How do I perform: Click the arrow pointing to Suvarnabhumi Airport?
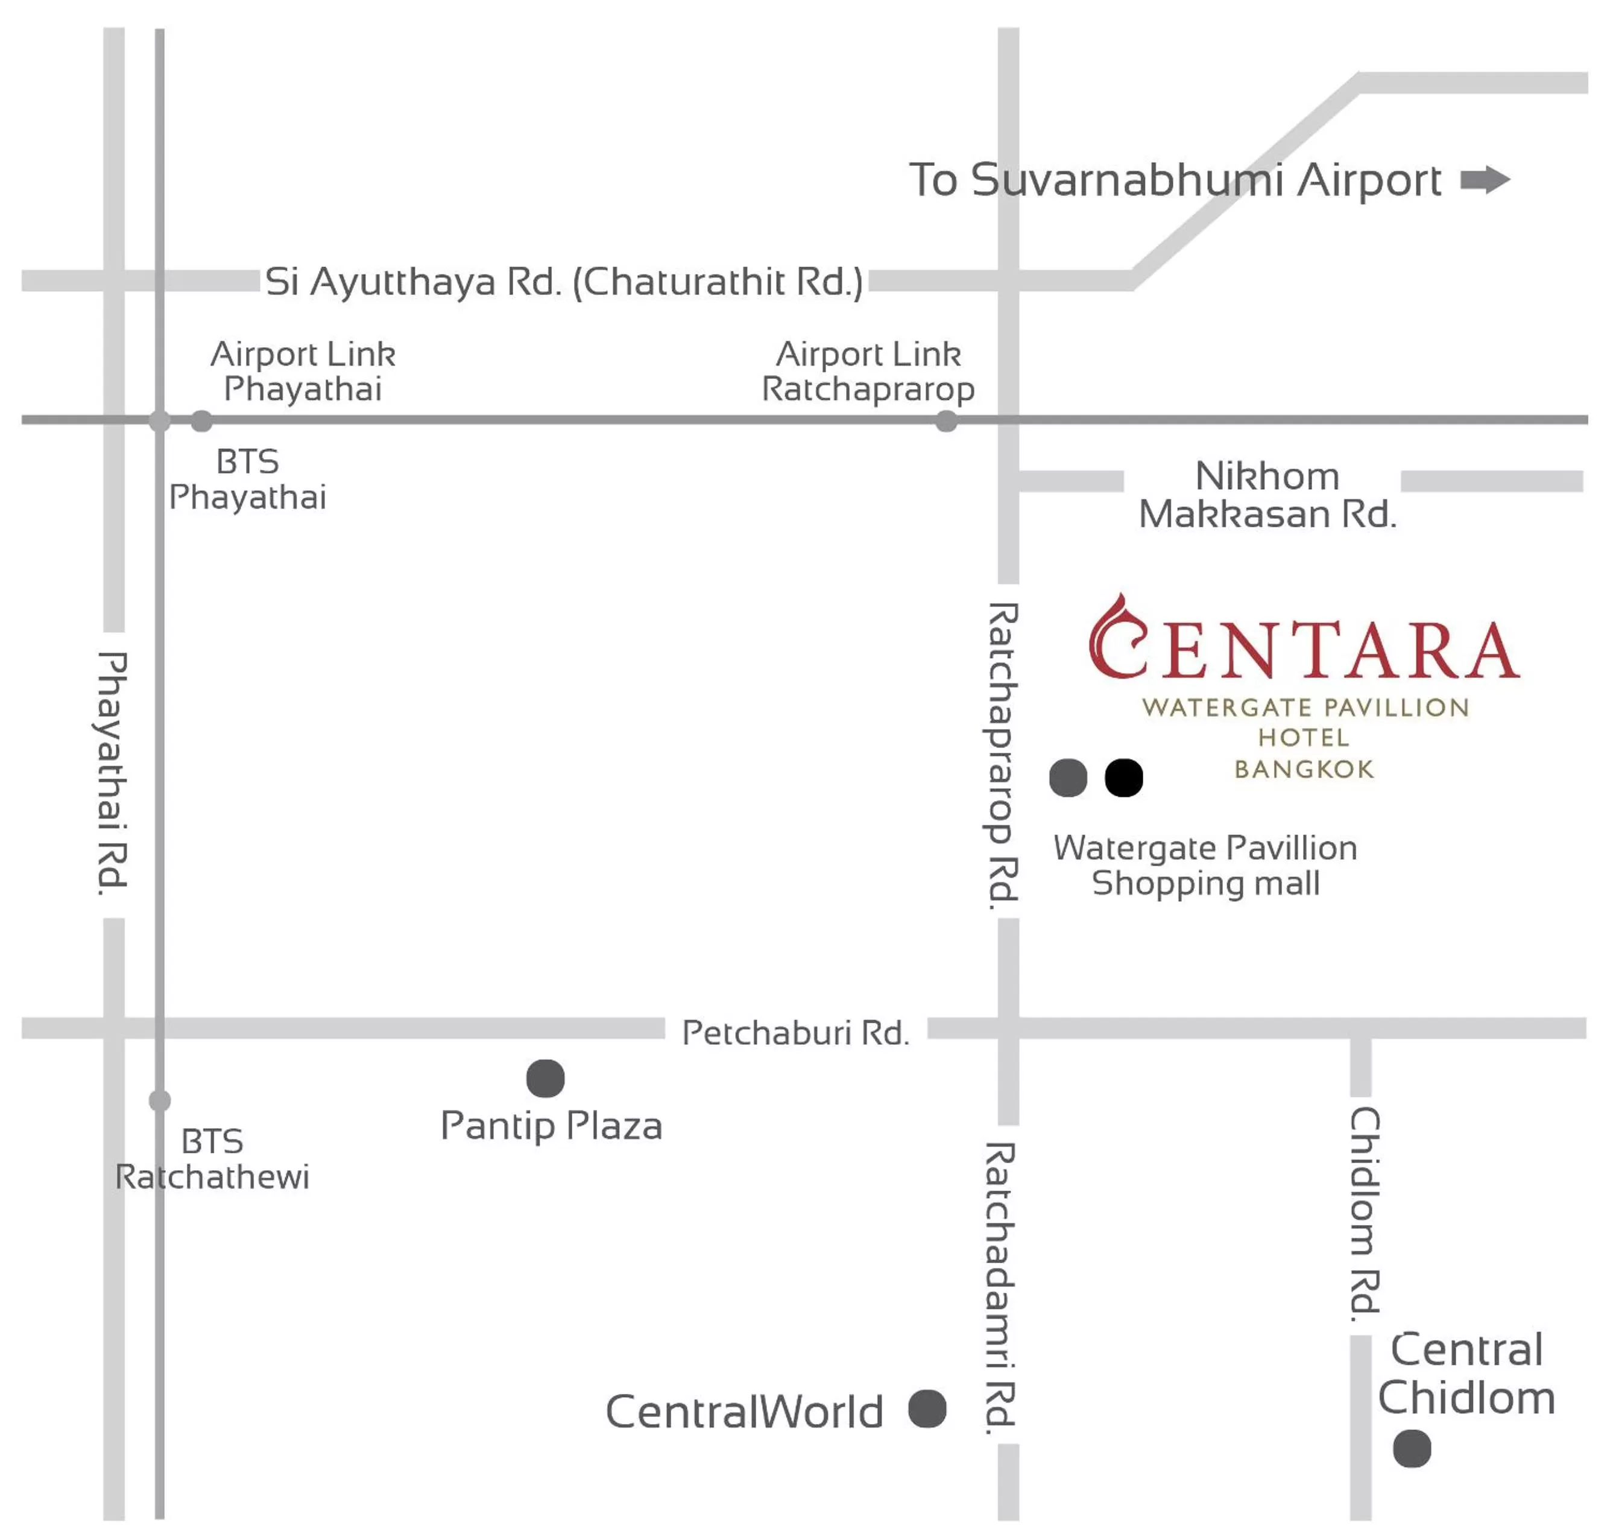coord(1484,180)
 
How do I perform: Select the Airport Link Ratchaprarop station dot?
coord(946,422)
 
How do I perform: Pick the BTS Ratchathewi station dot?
coord(160,1101)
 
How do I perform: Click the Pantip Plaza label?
coord(551,1126)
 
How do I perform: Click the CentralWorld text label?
coord(744,1412)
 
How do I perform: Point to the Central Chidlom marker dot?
coord(1412,1449)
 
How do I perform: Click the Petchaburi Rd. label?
coord(795,1033)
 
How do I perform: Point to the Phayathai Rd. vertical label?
coord(112,773)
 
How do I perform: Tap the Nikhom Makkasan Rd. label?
coord(1267,495)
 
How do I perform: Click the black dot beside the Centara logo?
coord(1123,778)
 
